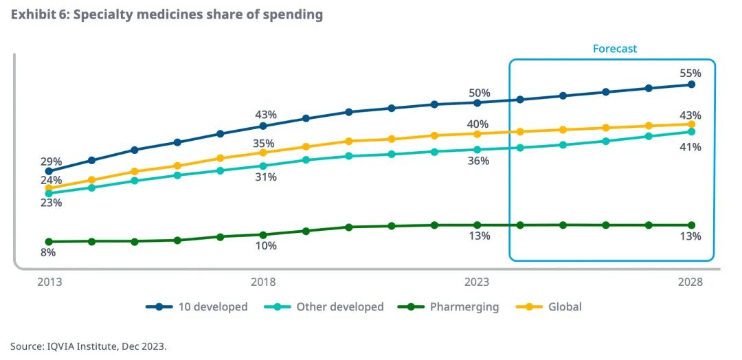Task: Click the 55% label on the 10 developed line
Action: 690,73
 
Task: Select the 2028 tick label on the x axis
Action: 690,282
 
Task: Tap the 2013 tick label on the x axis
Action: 49,282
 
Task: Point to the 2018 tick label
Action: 263,282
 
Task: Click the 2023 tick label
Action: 477,282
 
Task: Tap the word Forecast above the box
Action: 615,49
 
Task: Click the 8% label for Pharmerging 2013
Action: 48,252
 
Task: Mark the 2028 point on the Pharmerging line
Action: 691,225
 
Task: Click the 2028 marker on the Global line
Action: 691,124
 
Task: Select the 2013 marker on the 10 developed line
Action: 49,171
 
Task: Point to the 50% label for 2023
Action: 480,93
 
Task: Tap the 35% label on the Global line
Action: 263,143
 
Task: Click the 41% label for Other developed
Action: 690,147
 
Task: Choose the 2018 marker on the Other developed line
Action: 263,166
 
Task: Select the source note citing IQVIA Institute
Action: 89,346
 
